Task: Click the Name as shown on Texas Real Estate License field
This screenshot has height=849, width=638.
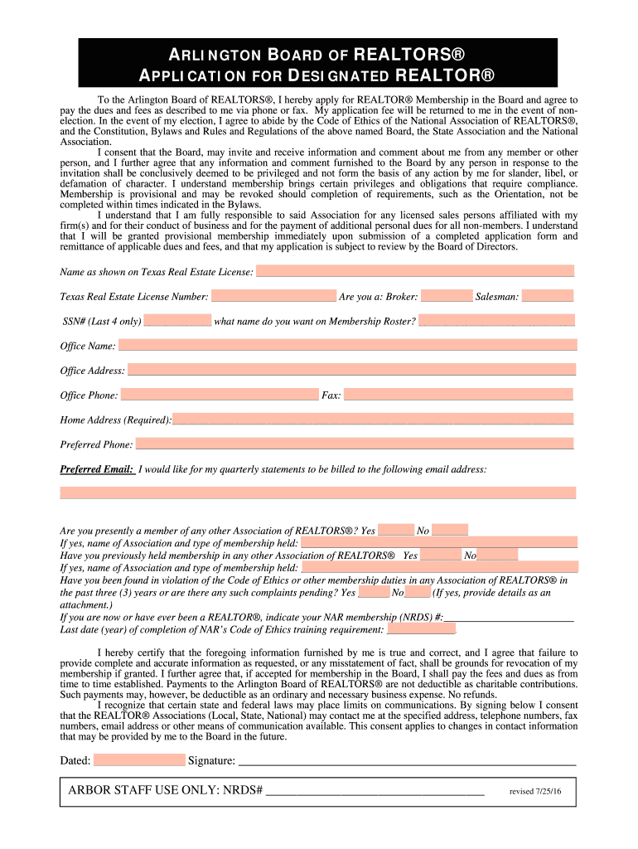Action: [x=414, y=271]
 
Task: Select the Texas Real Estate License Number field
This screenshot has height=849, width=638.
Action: [x=273, y=296]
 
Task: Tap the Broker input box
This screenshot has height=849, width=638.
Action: [x=446, y=296]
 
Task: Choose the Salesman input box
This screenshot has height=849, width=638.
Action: [x=547, y=296]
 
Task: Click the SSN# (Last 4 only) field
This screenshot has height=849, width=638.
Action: [x=177, y=321]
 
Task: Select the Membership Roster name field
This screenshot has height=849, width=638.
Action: [x=496, y=321]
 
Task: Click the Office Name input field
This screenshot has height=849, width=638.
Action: [x=347, y=345]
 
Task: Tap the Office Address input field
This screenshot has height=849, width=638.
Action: [x=351, y=370]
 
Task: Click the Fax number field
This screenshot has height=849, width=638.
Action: [x=458, y=395]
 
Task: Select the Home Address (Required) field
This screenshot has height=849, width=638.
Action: [x=373, y=420]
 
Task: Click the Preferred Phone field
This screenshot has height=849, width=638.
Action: [x=354, y=444]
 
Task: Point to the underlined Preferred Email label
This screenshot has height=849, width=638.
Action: [x=97, y=469]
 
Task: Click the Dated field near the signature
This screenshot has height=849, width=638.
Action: [x=139, y=760]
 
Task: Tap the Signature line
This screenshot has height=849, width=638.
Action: [x=406, y=760]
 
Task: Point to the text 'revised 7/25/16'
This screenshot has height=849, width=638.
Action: [x=535, y=792]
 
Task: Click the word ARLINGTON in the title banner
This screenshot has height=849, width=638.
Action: [x=219, y=56]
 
